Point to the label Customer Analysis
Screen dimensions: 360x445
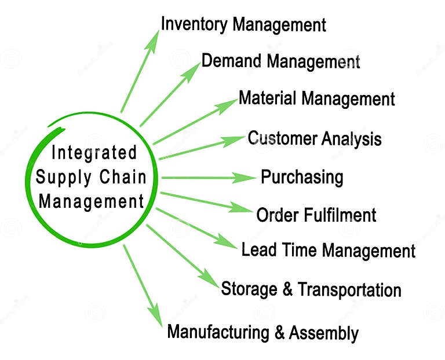(x=315, y=139)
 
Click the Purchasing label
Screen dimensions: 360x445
(x=302, y=177)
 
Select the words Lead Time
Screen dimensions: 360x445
(x=280, y=250)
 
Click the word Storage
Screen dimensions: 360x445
(x=250, y=288)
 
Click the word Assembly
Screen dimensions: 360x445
(x=324, y=333)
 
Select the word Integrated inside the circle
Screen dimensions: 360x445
(x=94, y=153)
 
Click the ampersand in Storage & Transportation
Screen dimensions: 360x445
(x=287, y=289)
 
